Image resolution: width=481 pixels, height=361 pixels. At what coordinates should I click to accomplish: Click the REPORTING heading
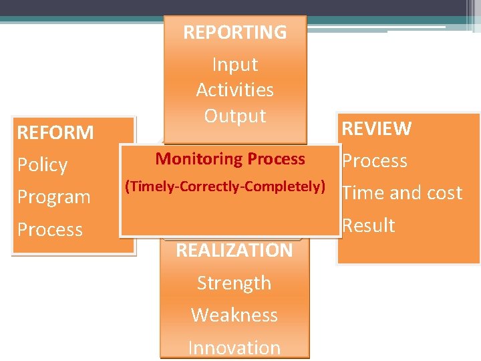click(234, 32)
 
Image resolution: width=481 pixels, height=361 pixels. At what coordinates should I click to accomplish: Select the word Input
click(234, 65)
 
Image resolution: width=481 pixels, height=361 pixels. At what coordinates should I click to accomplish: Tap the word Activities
click(234, 90)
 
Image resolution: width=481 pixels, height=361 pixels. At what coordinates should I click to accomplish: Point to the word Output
click(234, 116)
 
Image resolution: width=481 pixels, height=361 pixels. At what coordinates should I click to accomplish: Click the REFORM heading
click(55, 132)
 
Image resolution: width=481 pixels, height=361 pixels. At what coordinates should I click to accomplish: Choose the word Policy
click(42, 165)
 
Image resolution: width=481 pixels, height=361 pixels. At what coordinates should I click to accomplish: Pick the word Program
click(53, 197)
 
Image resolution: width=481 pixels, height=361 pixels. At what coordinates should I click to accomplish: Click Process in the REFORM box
click(50, 229)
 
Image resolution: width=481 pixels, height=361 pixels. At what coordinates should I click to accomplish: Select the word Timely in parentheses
click(148, 187)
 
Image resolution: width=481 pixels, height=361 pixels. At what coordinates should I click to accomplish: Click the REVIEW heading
click(377, 128)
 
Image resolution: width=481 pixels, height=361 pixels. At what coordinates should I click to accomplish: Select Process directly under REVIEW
click(374, 161)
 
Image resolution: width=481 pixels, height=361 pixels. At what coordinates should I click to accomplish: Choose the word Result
click(367, 225)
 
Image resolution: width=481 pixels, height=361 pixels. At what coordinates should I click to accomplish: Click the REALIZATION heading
click(234, 251)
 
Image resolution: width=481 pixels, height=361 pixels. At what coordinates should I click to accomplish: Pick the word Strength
click(234, 283)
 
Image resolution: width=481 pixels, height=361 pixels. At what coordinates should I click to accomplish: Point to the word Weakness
click(234, 315)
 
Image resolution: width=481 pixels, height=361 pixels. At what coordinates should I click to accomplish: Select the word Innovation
click(234, 348)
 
